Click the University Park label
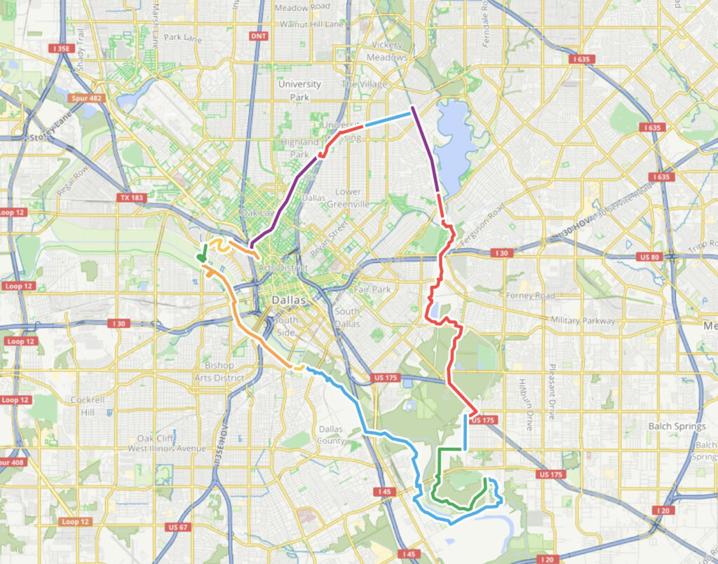(299, 90)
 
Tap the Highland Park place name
(299, 147)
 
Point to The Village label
(364, 84)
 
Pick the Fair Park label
(371, 289)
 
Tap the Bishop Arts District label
(219, 371)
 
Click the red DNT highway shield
(258, 36)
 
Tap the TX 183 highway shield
(132, 198)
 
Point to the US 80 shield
(649, 257)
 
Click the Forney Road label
(530, 296)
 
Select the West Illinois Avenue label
(166, 448)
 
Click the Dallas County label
(331, 434)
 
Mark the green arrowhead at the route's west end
(202, 259)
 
